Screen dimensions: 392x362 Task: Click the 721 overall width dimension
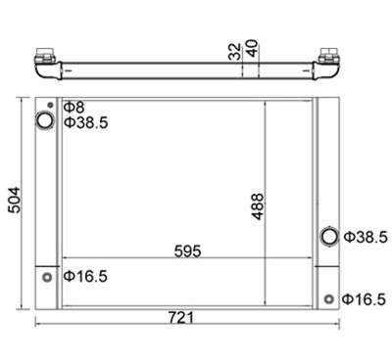coord(181,317)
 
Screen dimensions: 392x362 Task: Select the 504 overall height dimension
coord(14,200)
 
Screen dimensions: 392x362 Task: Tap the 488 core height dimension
coord(257,206)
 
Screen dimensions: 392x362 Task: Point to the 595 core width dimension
coord(187,251)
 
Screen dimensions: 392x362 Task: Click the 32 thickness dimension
coord(234,52)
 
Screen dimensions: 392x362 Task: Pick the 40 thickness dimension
coord(252,48)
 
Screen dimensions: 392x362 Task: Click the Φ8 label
coord(73,107)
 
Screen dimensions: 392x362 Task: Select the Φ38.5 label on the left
coord(85,122)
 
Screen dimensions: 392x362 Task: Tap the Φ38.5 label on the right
coord(366,237)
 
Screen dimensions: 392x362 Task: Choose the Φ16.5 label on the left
coord(85,277)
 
